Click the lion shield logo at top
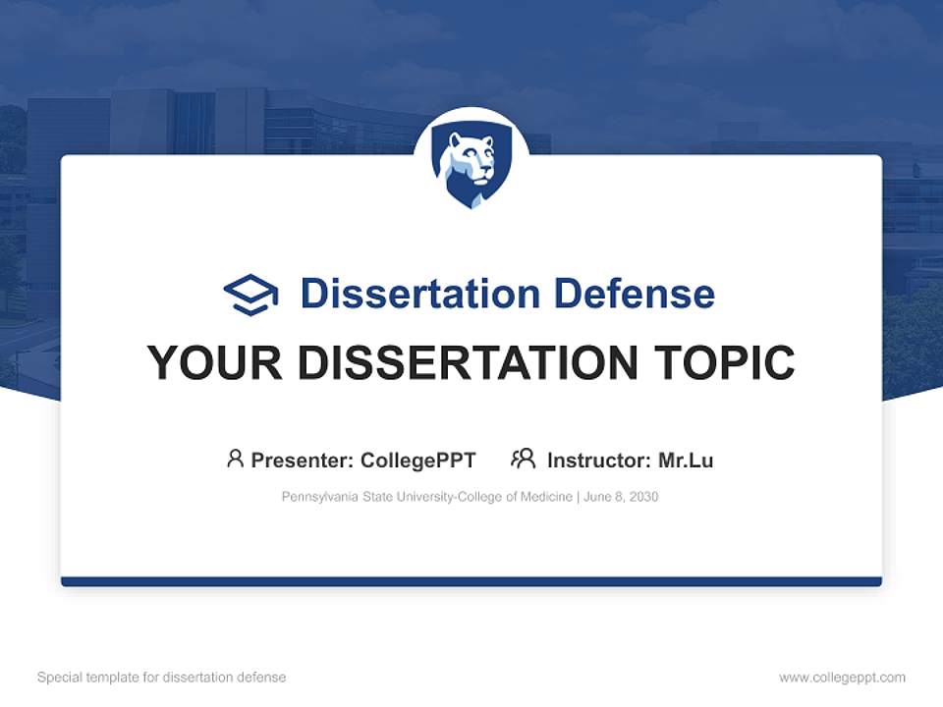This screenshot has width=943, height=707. (471, 168)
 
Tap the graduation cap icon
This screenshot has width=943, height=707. (250, 295)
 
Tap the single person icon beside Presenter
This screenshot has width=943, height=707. (235, 459)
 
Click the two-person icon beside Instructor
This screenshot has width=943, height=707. (524, 459)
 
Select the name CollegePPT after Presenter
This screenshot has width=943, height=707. (418, 460)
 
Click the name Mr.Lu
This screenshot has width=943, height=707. (686, 460)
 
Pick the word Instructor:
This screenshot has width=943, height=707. (598, 460)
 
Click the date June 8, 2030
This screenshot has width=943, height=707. (621, 497)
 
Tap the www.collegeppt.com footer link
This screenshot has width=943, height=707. (842, 678)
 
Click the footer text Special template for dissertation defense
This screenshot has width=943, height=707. (161, 678)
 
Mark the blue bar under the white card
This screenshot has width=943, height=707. (471, 581)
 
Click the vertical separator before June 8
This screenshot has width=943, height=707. (579, 497)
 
